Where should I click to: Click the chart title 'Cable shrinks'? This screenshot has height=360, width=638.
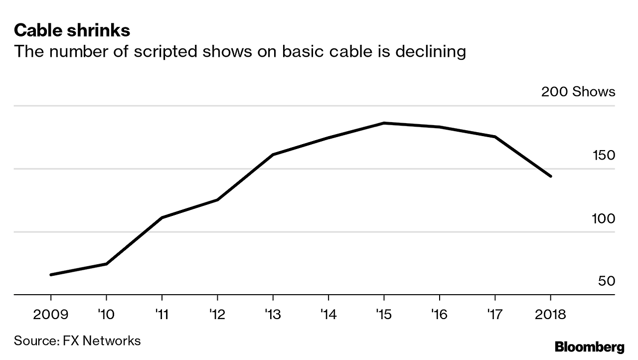72,31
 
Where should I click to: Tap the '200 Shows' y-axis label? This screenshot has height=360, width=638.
578,92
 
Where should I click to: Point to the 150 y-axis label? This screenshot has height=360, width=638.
603,156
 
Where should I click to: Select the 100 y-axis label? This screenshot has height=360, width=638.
603,219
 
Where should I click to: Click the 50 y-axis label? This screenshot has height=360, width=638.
606,282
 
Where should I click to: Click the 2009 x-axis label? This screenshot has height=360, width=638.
51,315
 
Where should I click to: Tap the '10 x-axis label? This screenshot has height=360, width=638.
106,315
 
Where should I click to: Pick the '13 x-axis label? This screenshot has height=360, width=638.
273,315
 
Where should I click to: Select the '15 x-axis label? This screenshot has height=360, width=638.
384,315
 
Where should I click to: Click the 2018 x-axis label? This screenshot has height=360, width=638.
550,315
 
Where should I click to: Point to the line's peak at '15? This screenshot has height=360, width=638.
384,123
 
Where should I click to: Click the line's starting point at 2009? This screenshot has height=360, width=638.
51,275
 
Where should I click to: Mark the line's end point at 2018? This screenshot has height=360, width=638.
551,176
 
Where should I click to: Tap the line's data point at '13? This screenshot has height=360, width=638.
273,155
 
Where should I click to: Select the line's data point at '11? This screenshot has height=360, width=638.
162,218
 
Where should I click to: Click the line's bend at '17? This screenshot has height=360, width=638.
495,137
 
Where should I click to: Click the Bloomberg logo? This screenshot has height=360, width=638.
590,347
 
